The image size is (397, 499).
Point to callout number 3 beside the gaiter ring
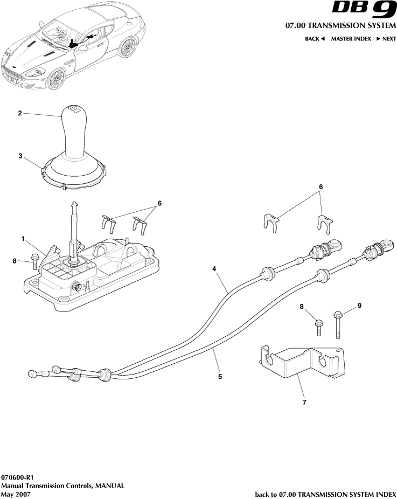click(20, 156)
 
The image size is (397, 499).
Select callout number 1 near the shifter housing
click(23, 238)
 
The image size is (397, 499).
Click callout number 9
click(359, 306)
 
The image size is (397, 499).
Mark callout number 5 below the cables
click(220, 377)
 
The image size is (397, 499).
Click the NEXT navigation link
click(386, 39)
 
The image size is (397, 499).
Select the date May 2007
click(16, 494)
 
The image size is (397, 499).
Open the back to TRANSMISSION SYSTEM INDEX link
click(325, 494)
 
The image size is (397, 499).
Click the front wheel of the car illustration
click(56, 79)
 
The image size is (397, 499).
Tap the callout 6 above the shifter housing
click(159, 204)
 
